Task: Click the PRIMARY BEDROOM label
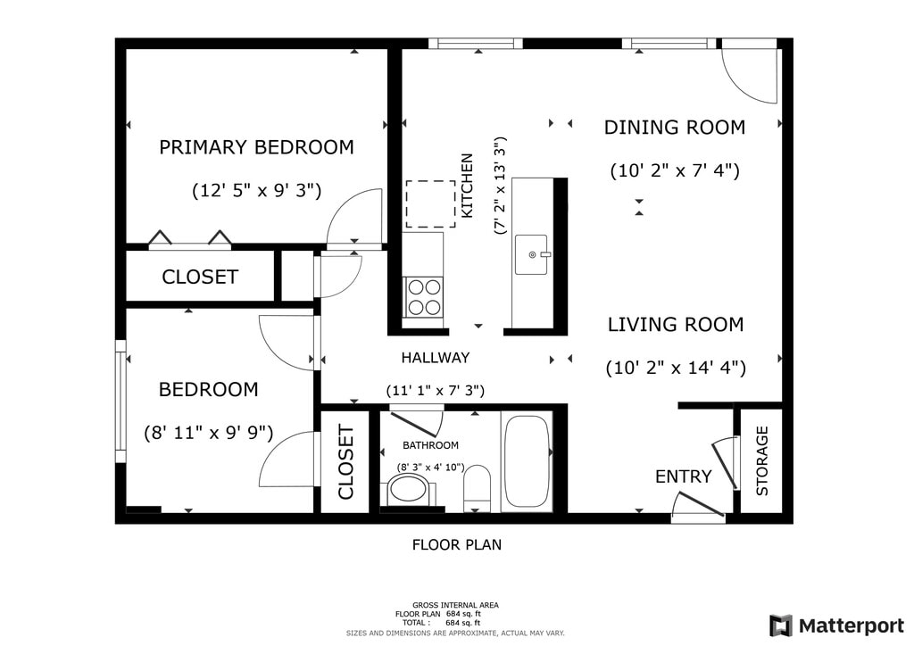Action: click(x=256, y=147)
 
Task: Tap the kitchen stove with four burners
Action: click(x=424, y=297)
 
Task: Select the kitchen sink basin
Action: click(x=531, y=254)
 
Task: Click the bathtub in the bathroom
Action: click(x=527, y=460)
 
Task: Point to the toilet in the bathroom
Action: click(x=478, y=487)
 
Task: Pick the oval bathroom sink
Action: click(x=408, y=489)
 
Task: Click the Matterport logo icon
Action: click(x=780, y=625)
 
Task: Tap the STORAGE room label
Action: click(x=762, y=460)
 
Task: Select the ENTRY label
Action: click(x=683, y=476)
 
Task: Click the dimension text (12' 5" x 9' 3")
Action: click(x=256, y=190)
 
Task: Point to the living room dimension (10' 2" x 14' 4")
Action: click(x=677, y=369)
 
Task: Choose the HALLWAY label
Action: click(x=436, y=358)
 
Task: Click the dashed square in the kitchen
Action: click(x=431, y=203)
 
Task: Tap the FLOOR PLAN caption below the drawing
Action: click(x=457, y=544)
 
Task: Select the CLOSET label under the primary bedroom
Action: click(x=200, y=277)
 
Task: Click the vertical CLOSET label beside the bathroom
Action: click(x=345, y=462)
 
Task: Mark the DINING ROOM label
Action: click(x=675, y=127)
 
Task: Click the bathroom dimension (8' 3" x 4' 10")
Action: click(x=431, y=468)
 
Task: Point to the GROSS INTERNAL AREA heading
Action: click(x=455, y=605)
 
